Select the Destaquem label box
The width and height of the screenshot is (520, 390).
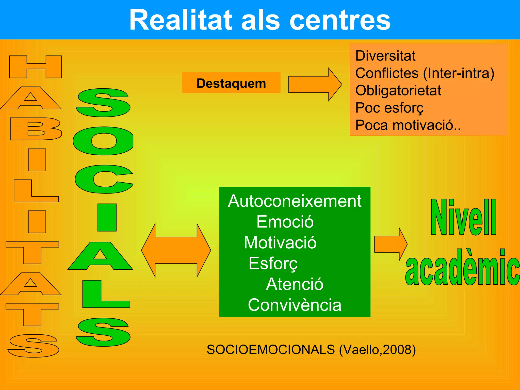pos(231,83)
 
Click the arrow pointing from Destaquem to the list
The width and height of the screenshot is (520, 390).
pos(315,84)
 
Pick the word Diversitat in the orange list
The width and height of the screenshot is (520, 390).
pos(385,56)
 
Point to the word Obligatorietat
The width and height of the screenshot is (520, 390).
pos(398,90)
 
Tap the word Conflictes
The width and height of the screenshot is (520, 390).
pos(387,73)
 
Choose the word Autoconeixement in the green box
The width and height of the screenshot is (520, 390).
pos(295,201)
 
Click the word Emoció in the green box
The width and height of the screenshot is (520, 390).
pos(285,222)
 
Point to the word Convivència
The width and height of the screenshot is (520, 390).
pos(295,305)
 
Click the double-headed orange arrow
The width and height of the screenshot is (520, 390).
pos(176,250)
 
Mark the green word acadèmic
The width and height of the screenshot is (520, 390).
pos(462,268)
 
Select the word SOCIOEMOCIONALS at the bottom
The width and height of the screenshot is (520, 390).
pos(271,350)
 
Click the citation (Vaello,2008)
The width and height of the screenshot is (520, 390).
pos(377,350)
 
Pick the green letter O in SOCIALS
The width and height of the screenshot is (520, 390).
pos(103,141)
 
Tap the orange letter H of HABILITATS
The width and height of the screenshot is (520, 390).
pos(36,67)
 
